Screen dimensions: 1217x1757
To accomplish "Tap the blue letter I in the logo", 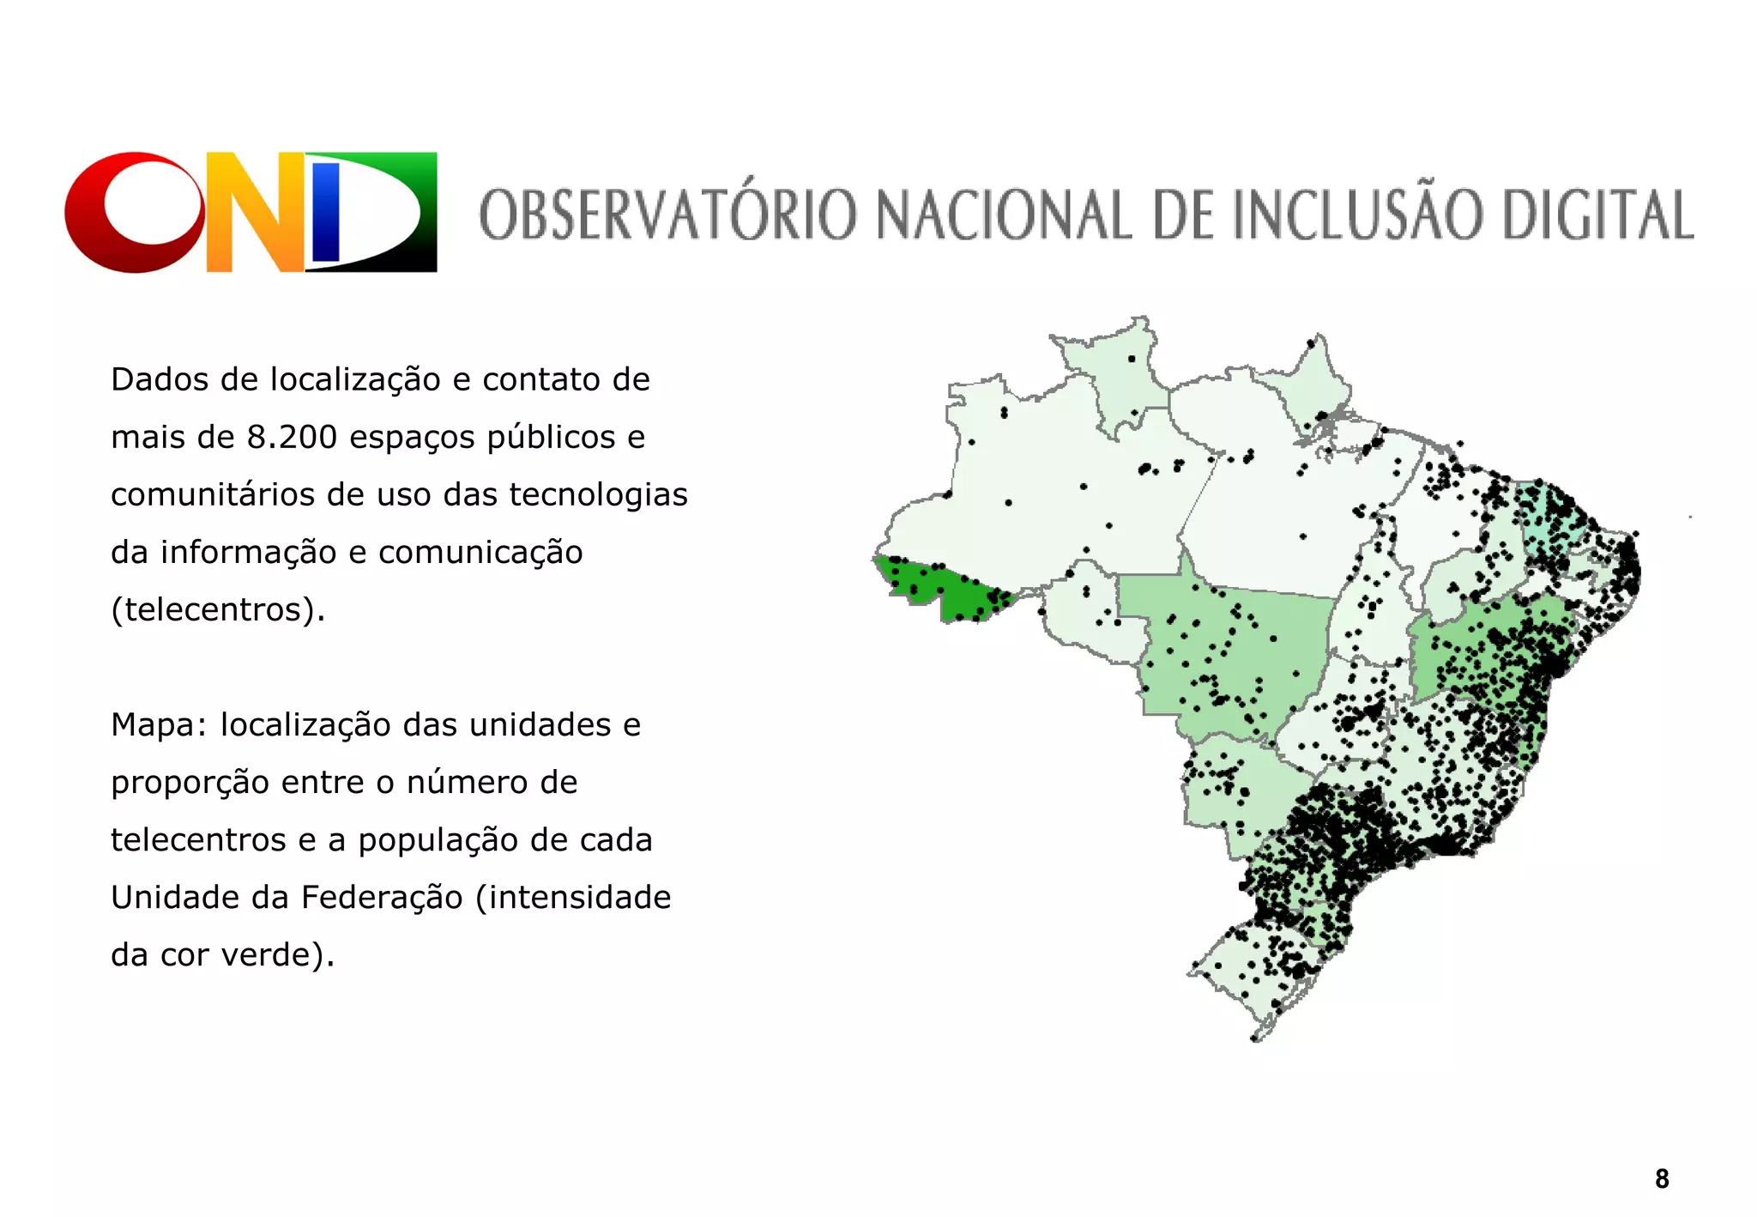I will (327, 212).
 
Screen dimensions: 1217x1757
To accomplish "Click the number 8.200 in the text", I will (292, 437).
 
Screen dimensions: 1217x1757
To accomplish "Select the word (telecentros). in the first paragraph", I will (218, 609).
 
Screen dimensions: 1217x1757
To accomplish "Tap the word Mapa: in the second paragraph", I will (160, 725).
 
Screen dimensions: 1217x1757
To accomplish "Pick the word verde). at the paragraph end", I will (278, 955).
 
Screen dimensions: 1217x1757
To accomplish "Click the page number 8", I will (1662, 1179).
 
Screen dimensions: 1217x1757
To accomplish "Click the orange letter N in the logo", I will (255, 212).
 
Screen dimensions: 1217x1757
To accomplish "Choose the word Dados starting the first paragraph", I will (160, 379).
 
